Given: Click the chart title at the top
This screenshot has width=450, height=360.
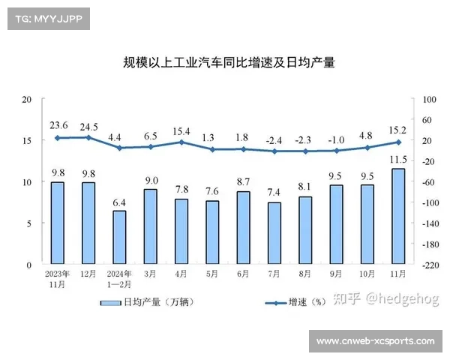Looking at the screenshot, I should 229,63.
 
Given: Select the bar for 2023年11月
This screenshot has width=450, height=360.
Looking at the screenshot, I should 57,223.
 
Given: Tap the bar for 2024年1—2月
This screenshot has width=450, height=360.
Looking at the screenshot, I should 119,238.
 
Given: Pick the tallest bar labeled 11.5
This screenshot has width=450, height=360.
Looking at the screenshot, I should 397,217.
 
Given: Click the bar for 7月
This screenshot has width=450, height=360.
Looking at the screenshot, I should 274,233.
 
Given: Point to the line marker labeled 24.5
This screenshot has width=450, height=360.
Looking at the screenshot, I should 88,137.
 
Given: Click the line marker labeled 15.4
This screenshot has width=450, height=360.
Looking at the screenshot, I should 181,142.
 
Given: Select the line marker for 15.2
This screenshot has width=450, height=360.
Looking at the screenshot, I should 398,142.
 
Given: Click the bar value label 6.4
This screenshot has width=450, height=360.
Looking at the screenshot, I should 119,202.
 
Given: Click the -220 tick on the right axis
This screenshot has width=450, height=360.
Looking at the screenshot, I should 431,265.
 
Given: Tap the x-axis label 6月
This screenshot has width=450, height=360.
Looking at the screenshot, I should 243,273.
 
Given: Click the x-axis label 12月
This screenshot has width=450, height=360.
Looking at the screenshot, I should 88,273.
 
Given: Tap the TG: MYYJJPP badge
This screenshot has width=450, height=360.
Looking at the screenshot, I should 47,18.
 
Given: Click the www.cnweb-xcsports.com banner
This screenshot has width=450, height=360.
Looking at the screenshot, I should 375,341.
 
